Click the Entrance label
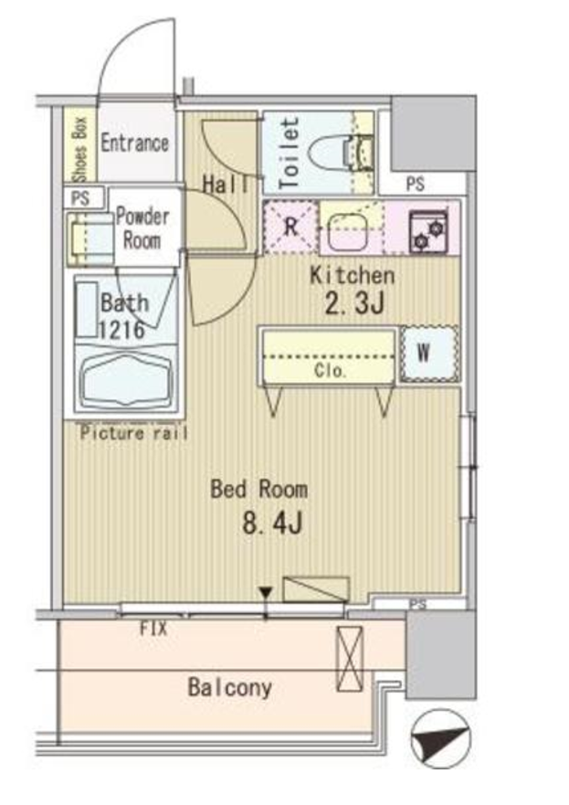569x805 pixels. point(134,143)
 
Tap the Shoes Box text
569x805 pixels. point(81,150)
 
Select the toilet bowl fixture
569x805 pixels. point(340,152)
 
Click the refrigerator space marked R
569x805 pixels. point(291,227)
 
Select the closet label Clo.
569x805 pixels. point(330,371)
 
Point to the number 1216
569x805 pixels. point(121,330)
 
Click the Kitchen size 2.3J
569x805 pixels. point(353,304)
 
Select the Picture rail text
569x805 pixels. point(133,434)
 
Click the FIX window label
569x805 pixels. point(153,629)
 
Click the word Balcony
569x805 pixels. point(229,688)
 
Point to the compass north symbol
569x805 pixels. point(441,739)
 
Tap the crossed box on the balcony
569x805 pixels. point(350,658)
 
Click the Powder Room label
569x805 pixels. point(142,228)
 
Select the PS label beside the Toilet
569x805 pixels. point(415,185)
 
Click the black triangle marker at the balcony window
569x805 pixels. point(265,594)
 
